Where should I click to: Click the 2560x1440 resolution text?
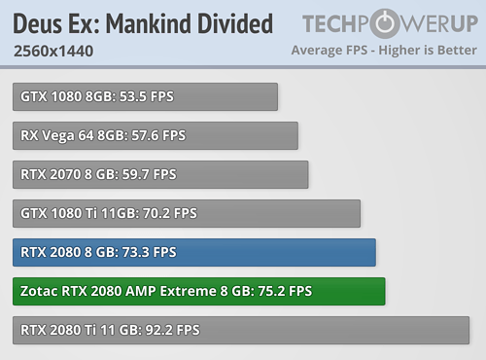54,51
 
